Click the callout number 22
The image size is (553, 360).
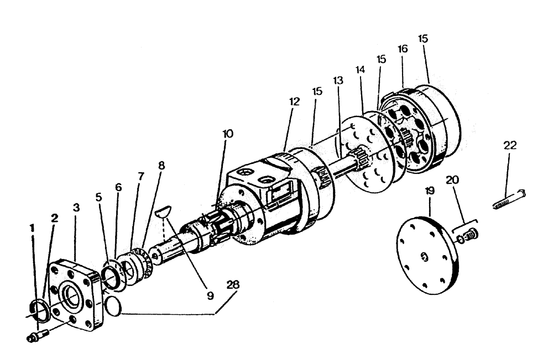pyautogui.click(x=510, y=145)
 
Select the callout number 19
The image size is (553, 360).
pyautogui.click(x=430, y=191)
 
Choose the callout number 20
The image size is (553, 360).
pyautogui.click(x=452, y=180)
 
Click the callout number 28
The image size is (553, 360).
pyautogui.click(x=233, y=286)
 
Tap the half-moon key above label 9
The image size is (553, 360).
pyautogui.click(x=163, y=209)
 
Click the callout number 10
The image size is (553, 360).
pyautogui.click(x=228, y=134)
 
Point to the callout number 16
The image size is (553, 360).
pyautogui.click(x=402, y=49)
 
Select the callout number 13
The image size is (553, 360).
pyautogui.click(x=338, y=80)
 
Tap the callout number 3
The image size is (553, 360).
pyautogui.click(x=76, y=207)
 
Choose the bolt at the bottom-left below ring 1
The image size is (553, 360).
pyautogui.click(x=37, y=335)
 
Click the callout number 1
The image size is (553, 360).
pyautogui.click(x=32, y=227)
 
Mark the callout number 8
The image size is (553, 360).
pyautogui.click(x=161, y=165)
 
